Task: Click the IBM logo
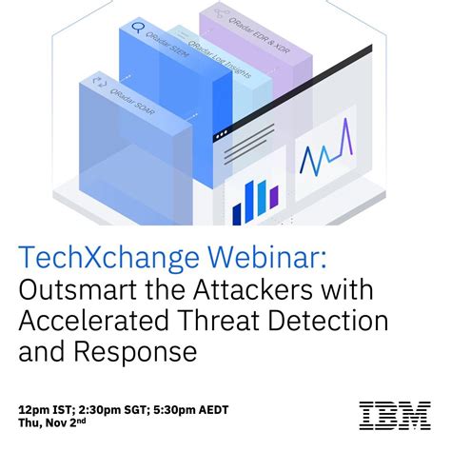tap(394, 415)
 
